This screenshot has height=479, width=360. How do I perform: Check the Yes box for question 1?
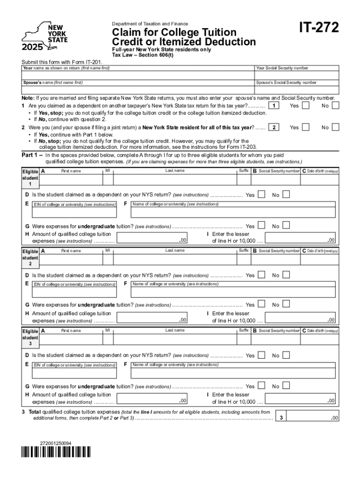(x=305, y=106)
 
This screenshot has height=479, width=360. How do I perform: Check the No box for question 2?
(x=335, y=127)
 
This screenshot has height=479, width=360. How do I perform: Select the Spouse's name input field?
(x=137, y=90)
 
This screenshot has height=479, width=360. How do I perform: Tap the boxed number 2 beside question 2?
(x=276, y=127)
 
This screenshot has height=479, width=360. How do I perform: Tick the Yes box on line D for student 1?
(x=262, y=194)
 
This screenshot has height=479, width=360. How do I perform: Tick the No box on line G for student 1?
(x=286, y=225)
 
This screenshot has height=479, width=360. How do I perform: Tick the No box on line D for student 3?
(x=286, y=355)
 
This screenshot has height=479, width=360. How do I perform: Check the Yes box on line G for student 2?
(x=262, y=305)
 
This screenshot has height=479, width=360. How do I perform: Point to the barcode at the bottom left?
(x=56, y=452)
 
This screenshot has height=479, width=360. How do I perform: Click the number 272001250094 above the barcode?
(x=56, y=443)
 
